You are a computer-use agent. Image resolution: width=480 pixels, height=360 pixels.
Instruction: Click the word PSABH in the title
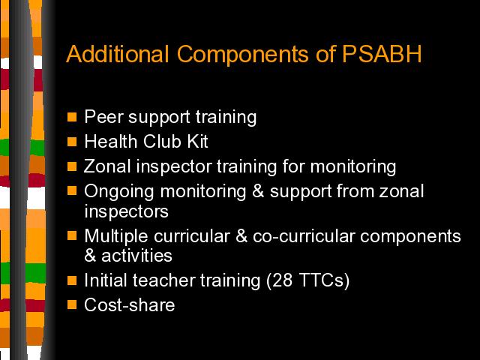click(x=382, y=54)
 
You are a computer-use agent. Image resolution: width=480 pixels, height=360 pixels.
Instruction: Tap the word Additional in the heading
click(x=118, y=54)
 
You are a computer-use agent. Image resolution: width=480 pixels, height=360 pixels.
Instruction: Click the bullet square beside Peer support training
click(x=72, y=117)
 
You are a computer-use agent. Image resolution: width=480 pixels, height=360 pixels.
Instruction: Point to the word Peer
click(x=103, y=117)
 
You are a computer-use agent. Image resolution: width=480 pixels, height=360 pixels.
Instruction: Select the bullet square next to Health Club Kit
click(x=72, y=142)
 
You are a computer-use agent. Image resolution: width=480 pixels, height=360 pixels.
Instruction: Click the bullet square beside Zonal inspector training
click(x=72, y=166)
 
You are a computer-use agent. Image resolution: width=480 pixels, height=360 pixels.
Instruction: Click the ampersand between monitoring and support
click(x=258, y=191)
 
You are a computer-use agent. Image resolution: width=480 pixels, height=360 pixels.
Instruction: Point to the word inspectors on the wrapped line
click(x=127, y=211)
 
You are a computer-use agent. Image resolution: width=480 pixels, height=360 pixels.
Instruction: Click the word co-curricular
click(x=304, y=236)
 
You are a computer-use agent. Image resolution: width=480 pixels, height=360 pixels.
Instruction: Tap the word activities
click(x=136, y=256)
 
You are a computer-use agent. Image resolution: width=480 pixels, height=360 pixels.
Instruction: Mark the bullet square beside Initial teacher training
click(x=72, y=280)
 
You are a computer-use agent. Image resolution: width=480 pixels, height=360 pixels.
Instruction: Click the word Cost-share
click(x=130, y=305)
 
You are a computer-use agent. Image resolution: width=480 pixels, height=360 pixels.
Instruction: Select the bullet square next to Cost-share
click(x=72, y=304)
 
